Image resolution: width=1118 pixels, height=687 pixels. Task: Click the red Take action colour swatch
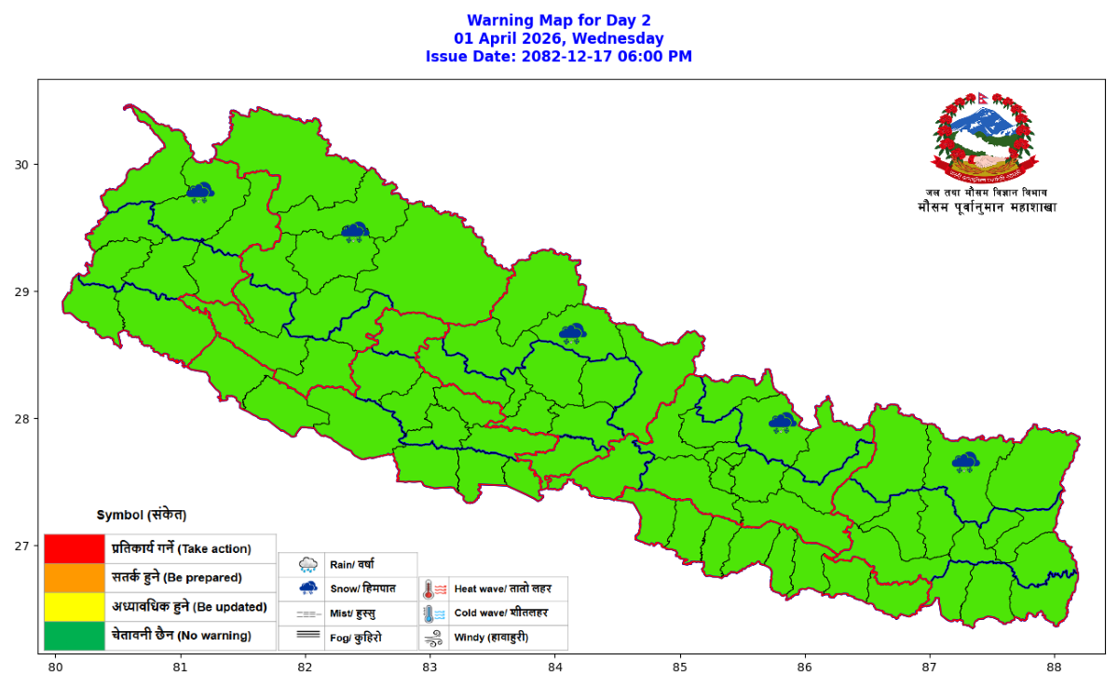[74, 548]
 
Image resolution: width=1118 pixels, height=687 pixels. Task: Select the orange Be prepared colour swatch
[74, 577]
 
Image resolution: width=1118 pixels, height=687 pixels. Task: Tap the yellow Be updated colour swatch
[74, 607]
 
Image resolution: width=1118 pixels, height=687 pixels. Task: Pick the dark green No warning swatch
[74, 636]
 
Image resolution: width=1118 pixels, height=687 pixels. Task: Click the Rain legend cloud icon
[308, 564]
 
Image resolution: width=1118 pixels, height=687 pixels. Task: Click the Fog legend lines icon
[308, 639]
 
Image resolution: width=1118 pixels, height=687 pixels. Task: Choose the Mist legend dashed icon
[308, 614]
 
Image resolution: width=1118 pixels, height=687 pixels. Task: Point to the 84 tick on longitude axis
[555, 667]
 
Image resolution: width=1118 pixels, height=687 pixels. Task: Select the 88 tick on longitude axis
[1055, 667]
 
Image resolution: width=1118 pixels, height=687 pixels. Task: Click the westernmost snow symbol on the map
[199, 193]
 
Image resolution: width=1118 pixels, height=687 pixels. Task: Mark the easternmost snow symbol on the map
[965, 461]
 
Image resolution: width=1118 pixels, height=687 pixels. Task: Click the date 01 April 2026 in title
[559, 38]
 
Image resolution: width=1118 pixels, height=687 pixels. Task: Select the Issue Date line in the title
[559, 56]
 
